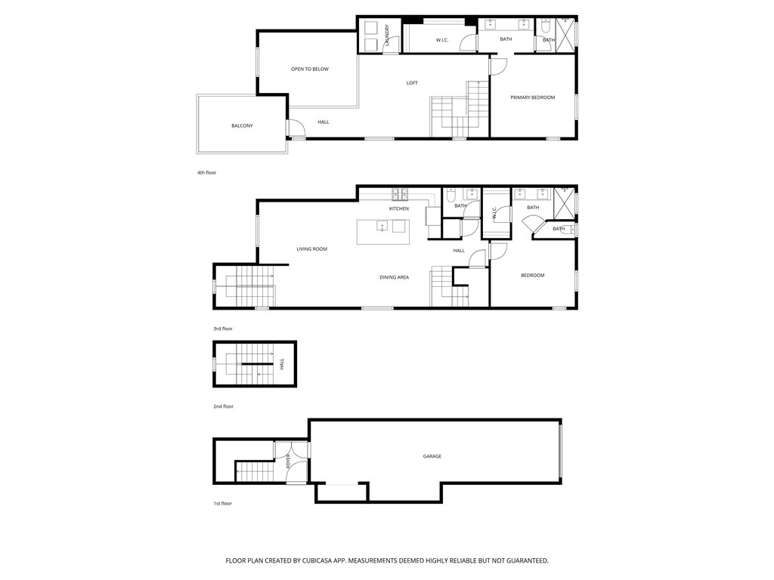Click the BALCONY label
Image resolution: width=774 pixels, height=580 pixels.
coord(242,126)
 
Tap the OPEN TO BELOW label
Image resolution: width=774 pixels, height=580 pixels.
coord(309,69)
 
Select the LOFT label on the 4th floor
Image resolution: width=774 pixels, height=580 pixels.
coord(412,83)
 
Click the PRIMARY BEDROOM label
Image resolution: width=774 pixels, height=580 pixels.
coord(533,97)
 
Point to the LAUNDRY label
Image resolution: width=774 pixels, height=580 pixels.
coord(387,35)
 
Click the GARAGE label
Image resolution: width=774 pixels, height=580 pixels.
coord(432,457)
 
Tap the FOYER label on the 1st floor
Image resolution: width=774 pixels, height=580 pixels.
coord(288,461)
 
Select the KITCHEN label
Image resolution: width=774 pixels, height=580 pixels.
coord(399,208)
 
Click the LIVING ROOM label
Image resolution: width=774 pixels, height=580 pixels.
coord(311,249)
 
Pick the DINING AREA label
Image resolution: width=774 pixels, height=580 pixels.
coord(394,277)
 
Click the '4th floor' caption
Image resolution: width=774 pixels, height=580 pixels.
coord(207,173)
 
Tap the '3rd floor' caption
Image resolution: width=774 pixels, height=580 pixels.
coord(223,329)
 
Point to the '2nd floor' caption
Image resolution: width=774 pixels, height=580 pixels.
coord(223,406)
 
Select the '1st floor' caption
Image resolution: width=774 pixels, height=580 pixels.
coord(222,504)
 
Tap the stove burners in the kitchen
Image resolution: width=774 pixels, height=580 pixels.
coord(400,194)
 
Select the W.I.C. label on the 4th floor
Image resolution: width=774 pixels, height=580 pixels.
coord(441,41)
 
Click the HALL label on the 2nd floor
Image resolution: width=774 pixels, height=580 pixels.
coord(282,364)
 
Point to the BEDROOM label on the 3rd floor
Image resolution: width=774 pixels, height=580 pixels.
coord(533,275)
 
